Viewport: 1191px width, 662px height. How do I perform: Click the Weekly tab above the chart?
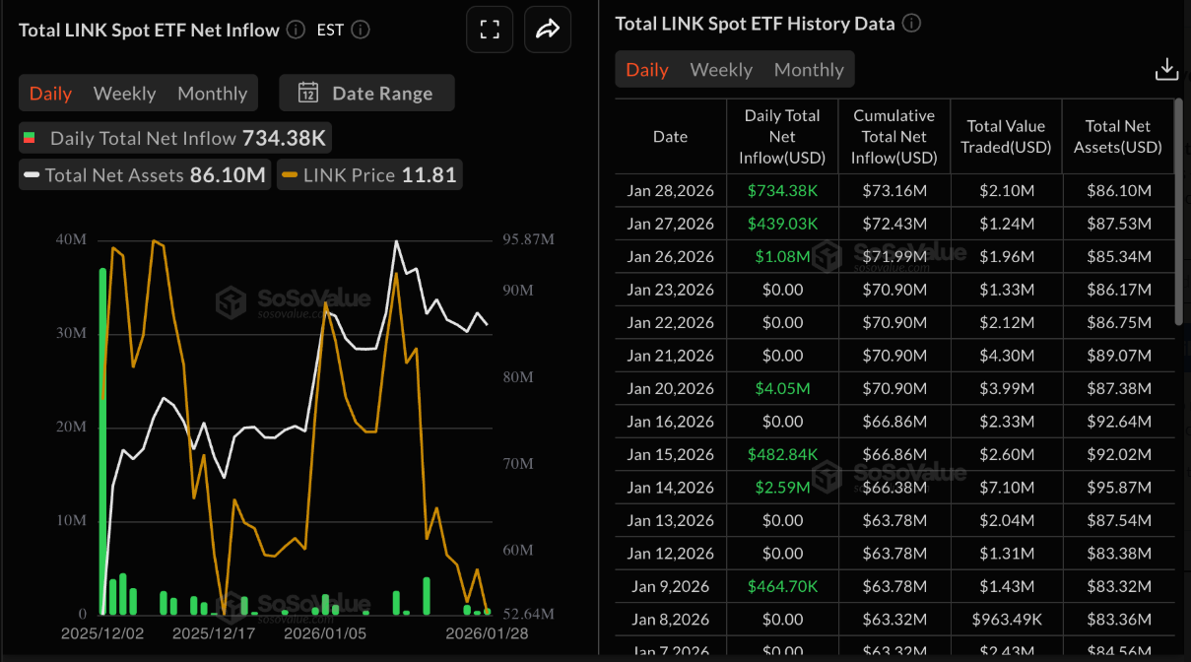tap(124, 94)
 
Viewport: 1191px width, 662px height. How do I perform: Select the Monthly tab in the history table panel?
tap(809, 70)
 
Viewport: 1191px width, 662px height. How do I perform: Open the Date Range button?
tap(366, 94)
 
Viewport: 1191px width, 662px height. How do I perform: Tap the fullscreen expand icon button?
tap(490, 30)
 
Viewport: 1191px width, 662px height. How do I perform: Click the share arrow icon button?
tap(547, 30)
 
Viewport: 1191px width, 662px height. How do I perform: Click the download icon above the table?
tap(1166, 69)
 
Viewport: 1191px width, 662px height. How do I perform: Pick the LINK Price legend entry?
tap(369, 175)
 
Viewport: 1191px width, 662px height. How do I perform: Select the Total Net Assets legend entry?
tap(145, 175)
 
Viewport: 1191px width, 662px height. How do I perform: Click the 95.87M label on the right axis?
tap(528, 239)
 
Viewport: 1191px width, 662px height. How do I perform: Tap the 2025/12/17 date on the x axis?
tap(214, 633)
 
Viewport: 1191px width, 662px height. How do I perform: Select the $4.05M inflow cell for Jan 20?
tap(782, 388)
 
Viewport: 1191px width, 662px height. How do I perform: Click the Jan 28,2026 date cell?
tap(670, 190)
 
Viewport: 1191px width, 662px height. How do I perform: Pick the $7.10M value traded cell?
tap(1006, 488)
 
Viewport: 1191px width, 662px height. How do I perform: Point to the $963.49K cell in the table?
tap(1006, 620)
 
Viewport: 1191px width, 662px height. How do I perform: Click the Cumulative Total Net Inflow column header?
tap(893, 137)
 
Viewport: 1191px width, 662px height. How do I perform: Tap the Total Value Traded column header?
tap(1006, 137)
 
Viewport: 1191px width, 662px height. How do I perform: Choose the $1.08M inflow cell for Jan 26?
tap(782, 256)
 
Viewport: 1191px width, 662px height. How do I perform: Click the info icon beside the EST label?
tap(361, 30)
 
